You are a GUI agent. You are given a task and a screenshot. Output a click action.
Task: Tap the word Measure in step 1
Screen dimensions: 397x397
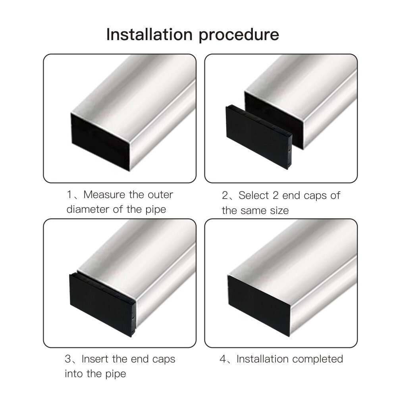pos(104,195)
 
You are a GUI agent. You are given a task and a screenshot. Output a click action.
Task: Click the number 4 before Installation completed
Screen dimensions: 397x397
pos(223,359)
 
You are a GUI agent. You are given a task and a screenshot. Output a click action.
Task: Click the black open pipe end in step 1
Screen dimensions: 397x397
pos(100,141)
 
